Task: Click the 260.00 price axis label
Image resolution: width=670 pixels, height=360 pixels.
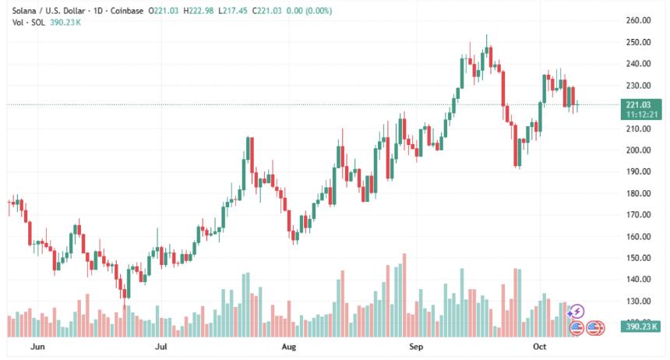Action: (638, 20)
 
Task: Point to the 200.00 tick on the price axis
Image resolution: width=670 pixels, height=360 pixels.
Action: (638, 150)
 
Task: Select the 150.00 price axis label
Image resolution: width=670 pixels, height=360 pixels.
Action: (638, 258)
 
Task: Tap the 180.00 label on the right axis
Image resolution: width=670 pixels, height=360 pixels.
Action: (638, 193)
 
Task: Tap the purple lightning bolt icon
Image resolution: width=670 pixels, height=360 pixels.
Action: (577, 312)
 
